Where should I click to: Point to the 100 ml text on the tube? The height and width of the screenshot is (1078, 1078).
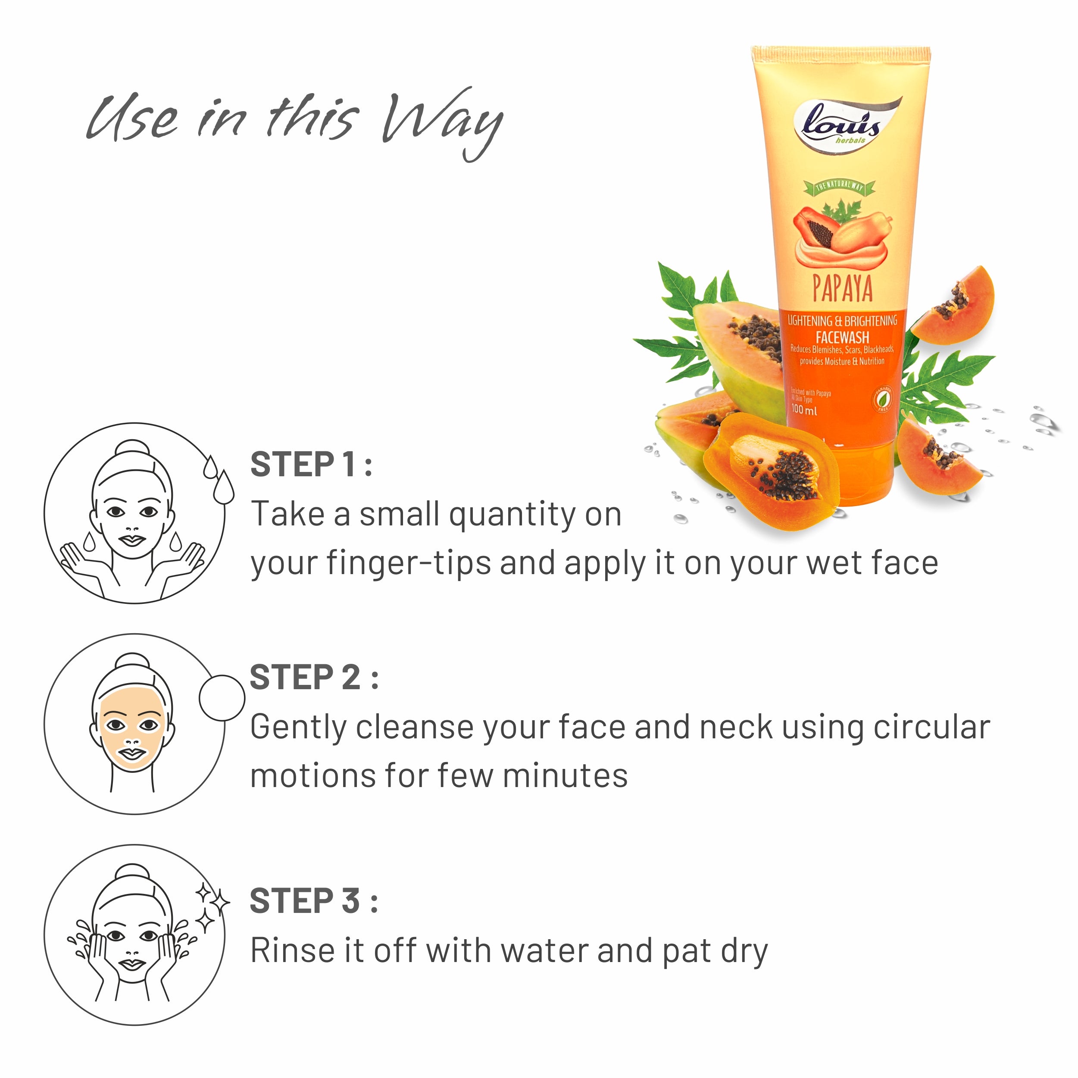pyautogui.click(x=804, y=410)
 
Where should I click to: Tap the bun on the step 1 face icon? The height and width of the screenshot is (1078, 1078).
pyautogui.click(x=132, y=450)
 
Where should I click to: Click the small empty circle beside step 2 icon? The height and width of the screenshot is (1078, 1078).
pyautogui.click(x=222, y=698)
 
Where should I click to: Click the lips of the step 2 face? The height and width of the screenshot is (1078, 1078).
pyautogui.click(x=132, y=754)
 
